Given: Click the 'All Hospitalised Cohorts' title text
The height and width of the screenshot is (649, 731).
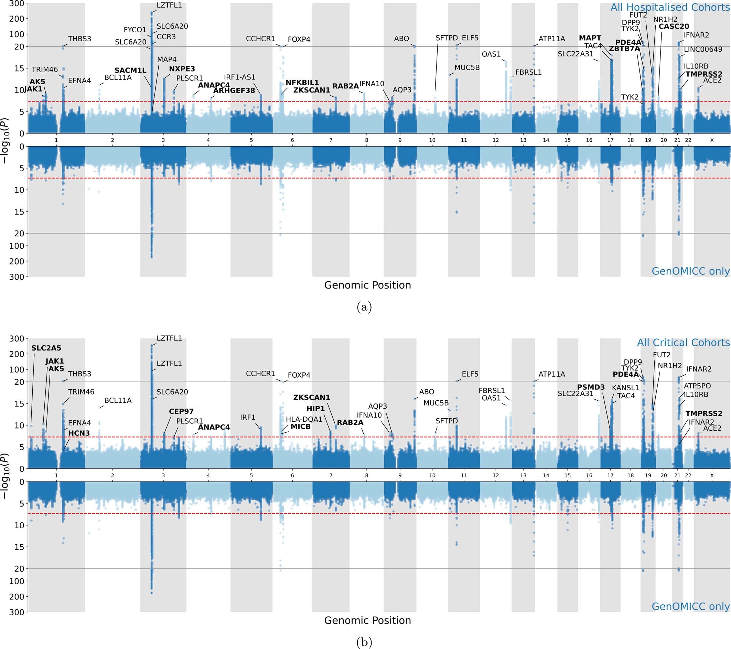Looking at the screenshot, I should [670, 8].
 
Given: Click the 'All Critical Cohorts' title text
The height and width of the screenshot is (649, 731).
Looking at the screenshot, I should [683, 343].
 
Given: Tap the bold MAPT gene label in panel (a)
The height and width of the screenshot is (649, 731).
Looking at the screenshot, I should [590, 38].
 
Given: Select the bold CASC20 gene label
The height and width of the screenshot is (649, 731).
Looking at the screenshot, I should [674, 26].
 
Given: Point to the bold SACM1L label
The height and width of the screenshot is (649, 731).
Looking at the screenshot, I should [130, 71].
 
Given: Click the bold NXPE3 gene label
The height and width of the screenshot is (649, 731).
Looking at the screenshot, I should [182, 69].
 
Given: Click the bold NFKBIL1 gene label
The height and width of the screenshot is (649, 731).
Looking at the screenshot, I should [302, 83].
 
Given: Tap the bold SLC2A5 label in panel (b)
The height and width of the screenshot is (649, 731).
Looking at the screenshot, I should [46, 348].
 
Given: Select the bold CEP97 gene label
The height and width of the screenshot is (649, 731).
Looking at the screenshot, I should [181, 411].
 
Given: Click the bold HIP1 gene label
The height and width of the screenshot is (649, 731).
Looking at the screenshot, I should [315, 408].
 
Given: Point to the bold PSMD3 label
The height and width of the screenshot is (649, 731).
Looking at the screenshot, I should [591, 387].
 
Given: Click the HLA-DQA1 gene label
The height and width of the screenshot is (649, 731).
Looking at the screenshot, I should [304, 419].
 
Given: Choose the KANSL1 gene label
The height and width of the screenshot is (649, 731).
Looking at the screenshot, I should [625, 388].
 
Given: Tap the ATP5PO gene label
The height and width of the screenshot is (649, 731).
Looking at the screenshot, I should [697, 386].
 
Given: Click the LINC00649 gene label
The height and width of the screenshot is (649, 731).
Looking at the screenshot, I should [703, 49].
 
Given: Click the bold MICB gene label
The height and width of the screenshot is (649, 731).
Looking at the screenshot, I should [300, 426].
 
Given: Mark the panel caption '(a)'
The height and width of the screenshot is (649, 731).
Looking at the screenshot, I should [364, 307].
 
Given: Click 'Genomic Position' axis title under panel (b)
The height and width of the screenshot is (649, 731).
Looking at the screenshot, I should [367, 620].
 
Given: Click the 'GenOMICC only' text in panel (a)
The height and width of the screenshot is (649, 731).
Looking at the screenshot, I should [690, 271].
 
